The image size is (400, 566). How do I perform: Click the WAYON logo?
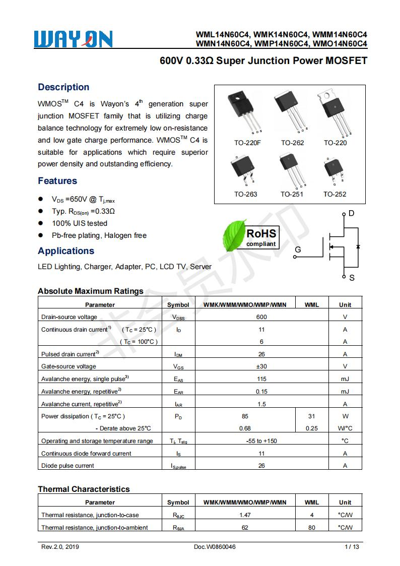tap(74, 39)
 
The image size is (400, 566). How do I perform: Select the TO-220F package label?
tap(247, 143)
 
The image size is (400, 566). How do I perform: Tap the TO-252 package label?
tap(335, 194)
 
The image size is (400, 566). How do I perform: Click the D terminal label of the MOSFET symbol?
tap(351, 214)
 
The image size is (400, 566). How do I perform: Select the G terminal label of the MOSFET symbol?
tap(298, 249)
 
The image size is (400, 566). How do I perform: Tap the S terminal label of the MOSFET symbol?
tap(352, 278)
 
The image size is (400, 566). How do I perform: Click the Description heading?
tap(63, 87)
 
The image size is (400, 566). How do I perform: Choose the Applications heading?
tap(66, 251)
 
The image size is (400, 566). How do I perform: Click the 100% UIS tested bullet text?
tap(80, 223)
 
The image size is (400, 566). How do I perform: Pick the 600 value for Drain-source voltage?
tap(261, 317)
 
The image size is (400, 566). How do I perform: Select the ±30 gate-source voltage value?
tap(261, 366)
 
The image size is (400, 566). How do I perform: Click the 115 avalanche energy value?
tap(261, 379)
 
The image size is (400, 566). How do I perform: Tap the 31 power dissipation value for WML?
tap(311, 416)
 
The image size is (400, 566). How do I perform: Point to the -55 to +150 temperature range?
tap(261, 441)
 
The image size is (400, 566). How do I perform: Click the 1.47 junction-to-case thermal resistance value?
tap(245, 515)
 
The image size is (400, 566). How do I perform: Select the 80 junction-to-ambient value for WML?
tap(311, 528)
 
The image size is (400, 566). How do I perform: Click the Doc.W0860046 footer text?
tap(215, 547)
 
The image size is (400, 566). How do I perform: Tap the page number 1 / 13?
tap(352, 547)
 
